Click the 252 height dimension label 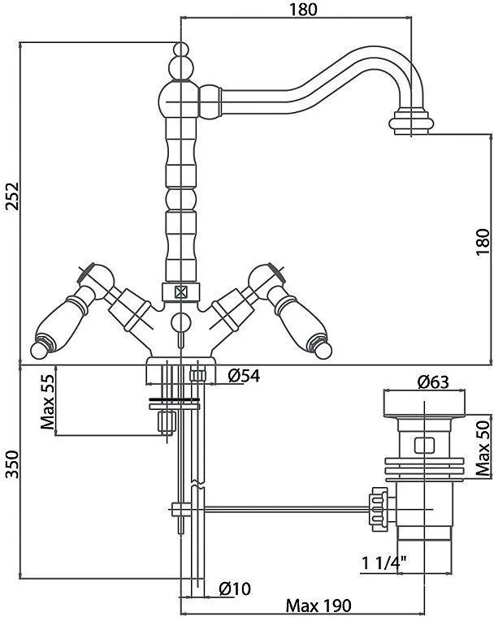[x=12, y=196]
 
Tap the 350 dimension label [x=12, y=464]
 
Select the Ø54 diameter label [x=244, y=376]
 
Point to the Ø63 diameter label [x=433, y=382]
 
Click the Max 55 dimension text [x=48, y=402]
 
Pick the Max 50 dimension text [x=483, y=448]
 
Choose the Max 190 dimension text [x=318, y=606]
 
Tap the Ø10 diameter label [x=235, y=589]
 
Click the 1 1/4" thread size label [x=384, y=563]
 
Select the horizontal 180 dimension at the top [x=303, y=10]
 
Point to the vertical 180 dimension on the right [x=483, y=242]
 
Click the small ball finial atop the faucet [x=181, y=50]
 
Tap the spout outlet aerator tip [x=411, y=123]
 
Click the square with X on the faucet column [x=181, y=293]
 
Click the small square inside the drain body [x=424, y=445]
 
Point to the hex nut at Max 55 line [x=167, y=422]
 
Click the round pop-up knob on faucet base [x=181, y=321]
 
